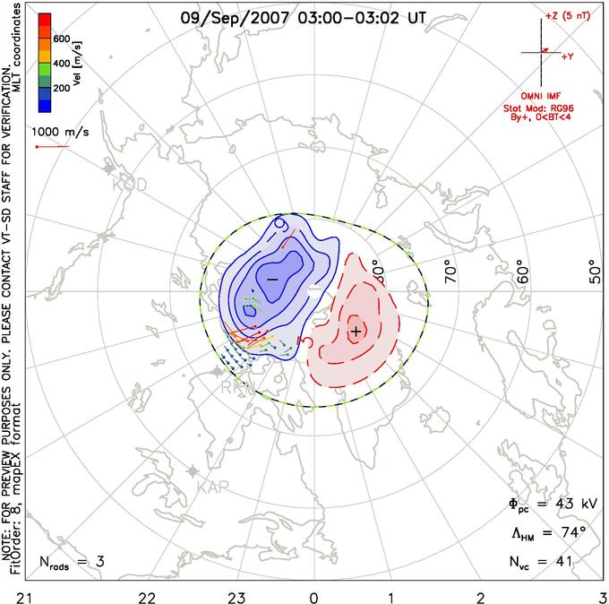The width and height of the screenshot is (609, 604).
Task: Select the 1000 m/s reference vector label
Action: click(56, 129)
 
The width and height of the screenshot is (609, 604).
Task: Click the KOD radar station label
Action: click(129, 186)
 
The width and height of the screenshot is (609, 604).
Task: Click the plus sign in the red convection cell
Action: click(356, 332)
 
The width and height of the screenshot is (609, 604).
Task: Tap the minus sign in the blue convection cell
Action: click(272, 280)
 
